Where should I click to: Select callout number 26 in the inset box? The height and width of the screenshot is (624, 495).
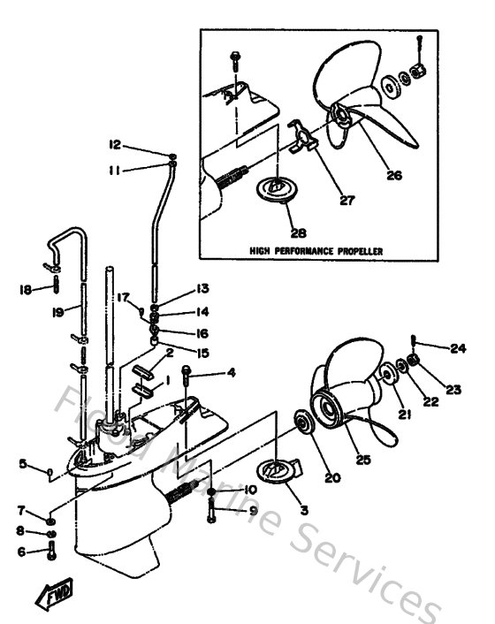click(x=393, y=175)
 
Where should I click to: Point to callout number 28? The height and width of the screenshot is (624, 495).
click(x=297, y=233)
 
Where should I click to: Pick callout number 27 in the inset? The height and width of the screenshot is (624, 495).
click(x=346, y=201)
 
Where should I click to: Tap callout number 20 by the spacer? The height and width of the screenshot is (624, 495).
click(x=332, y=478)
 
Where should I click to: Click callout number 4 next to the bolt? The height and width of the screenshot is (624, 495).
click(x=231, y=373)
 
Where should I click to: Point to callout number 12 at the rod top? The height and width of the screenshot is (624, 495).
click(x=115, y=145)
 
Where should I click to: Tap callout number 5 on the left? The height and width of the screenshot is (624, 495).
click(x=23, y=463)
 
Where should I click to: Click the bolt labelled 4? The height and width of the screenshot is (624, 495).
click(x=187, y=376)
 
